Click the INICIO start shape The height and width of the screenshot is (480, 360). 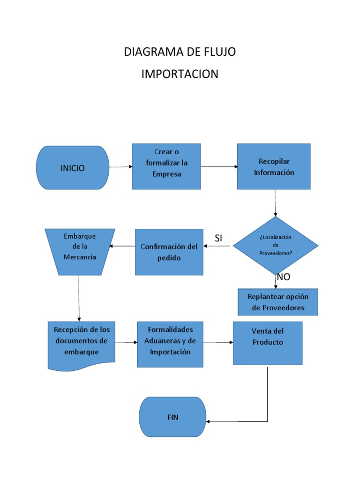point(73,168)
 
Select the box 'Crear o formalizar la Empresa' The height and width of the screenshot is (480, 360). point(166,166)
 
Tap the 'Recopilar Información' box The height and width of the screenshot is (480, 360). point(274,166)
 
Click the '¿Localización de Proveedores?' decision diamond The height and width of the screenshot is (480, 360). point(276,245)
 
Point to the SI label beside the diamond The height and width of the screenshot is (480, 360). point(218,239)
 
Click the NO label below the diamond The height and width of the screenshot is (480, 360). point(283,277)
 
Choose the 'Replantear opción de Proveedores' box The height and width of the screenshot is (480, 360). point(278,302)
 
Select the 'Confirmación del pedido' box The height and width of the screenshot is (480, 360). point(169,252)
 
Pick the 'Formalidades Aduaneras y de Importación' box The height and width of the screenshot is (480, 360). point(170,344)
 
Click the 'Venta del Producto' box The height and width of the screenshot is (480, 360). point(268,343)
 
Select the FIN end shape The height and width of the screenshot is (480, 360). point(173,417)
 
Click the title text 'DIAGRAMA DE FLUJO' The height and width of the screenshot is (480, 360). point(180,52)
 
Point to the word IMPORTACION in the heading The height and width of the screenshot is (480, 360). point(180,74)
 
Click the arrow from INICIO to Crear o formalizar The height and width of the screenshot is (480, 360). point(121,167)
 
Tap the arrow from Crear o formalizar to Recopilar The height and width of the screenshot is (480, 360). point(219,166)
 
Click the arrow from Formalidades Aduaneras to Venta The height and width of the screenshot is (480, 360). point(218,343)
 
